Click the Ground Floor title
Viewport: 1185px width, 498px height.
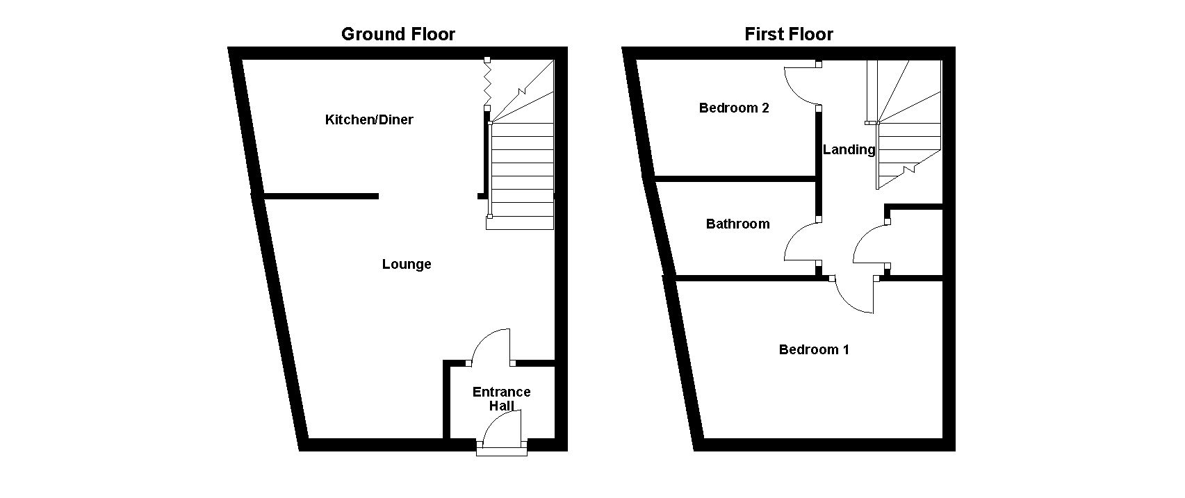398,34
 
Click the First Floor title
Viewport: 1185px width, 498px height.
788,34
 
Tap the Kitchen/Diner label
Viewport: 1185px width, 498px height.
369,120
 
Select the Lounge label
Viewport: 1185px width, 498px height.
407,265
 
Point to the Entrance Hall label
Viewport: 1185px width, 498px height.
501,399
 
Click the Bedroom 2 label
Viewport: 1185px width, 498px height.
734,108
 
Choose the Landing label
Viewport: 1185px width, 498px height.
849,149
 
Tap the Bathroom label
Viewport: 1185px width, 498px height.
737,224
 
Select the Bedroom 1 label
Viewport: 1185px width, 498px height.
814,349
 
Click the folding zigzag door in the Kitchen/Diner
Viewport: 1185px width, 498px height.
487,83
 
